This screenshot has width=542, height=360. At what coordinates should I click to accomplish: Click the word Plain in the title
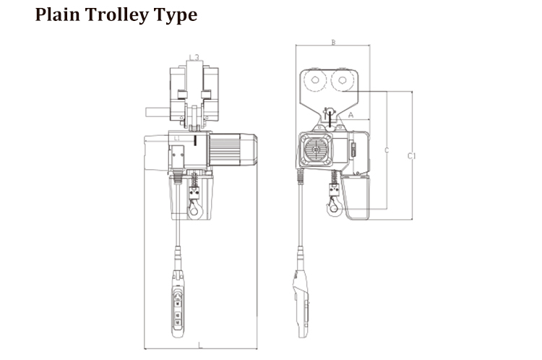[x=57, y=15]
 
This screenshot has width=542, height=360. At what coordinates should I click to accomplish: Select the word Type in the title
[x=176, y=16]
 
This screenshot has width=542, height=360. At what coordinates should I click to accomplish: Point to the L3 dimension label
[x=194, y=57]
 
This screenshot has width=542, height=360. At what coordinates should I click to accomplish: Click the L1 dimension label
[x=177, y=138]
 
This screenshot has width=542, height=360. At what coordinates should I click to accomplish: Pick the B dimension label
[x=333, y=43]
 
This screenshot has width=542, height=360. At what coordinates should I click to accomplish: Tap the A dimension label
[x=350, y=115]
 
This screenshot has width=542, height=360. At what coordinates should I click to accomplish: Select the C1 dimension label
[x=411, y=156]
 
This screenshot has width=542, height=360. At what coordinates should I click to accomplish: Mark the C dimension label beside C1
[x=387, y=150]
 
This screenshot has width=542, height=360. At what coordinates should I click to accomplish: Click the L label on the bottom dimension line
[x=199, y=345]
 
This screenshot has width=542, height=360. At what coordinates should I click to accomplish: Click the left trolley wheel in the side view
[x=315, y=80]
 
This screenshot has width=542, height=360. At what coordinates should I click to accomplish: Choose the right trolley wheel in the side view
[x=343, y=80]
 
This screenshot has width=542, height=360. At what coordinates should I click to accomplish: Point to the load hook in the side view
[x=334, y=207]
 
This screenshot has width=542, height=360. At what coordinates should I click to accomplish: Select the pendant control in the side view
[x=301, y=304]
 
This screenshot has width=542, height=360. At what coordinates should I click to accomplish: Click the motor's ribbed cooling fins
[x=225, y=150]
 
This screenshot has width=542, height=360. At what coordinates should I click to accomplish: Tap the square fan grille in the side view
[x=316, y=150]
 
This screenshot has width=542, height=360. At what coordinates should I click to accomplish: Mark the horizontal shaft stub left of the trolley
[x=158, y=112]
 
